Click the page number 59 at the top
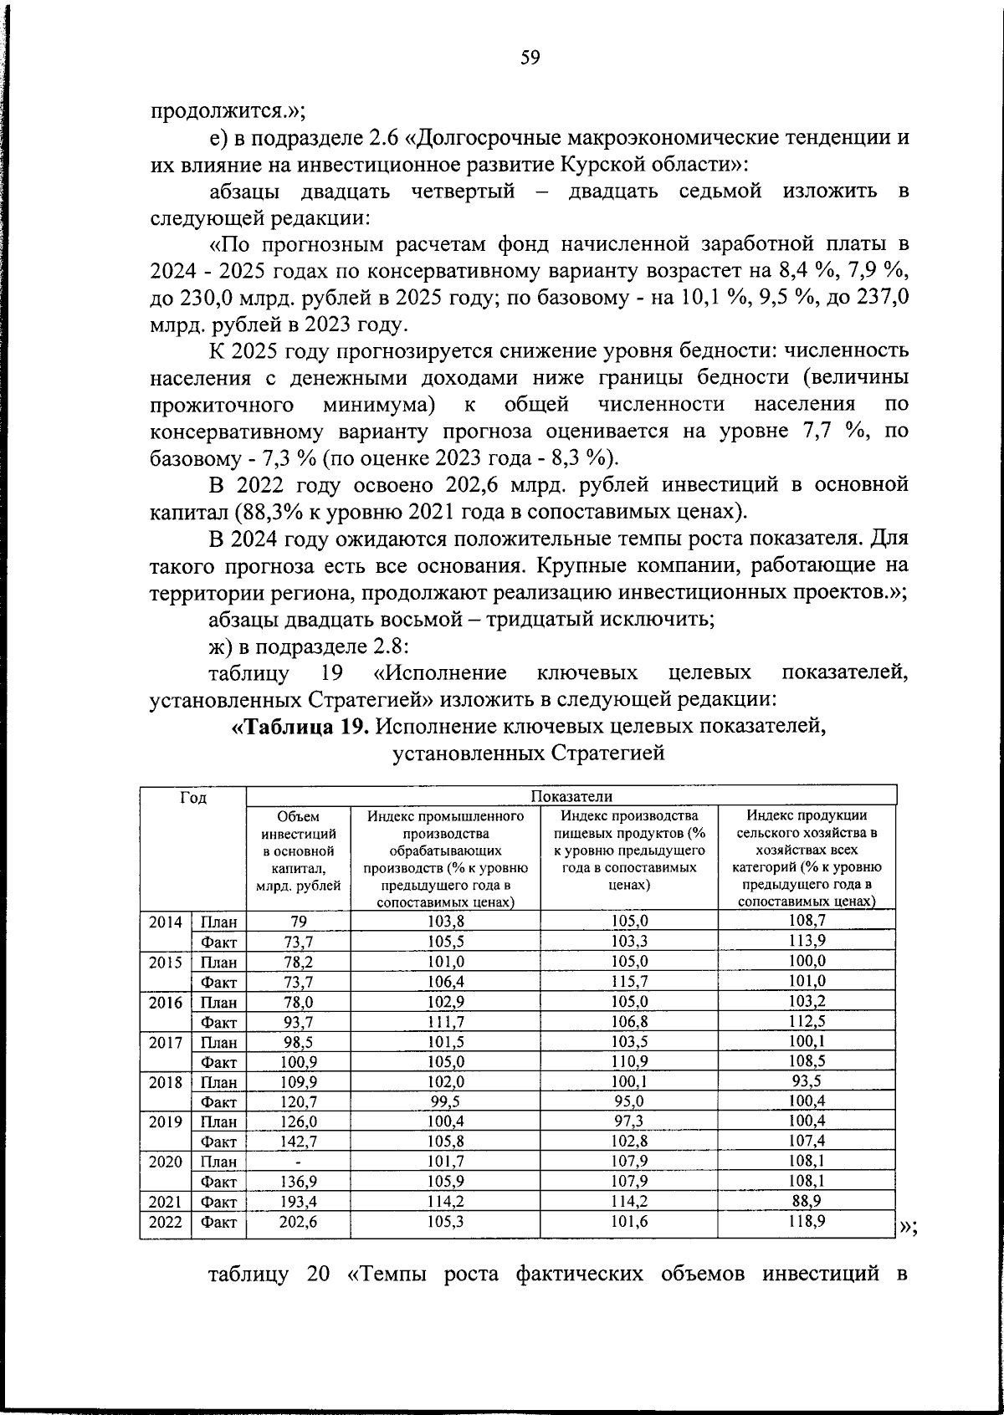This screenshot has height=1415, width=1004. tap(530, 58)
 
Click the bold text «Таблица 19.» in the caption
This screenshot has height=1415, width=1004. tap(300, 726)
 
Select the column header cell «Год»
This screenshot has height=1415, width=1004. tap(193, 798)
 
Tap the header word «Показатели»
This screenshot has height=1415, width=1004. tap(571, 795)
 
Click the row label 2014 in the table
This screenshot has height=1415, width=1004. tap(166, 922)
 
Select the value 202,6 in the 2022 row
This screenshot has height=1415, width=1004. tap(299, 1221)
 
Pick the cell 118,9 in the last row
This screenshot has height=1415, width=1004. tap(807, 1221)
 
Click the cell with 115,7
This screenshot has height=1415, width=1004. tap(628, 981)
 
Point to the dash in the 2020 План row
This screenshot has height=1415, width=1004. tap(299, 1162)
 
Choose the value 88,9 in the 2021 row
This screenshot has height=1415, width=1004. tap(807, 1202)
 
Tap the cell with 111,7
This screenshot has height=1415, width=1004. tap(445, 1021)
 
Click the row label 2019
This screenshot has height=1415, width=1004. tap(166, 1121)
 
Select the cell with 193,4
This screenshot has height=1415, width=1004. tap(299, 1202)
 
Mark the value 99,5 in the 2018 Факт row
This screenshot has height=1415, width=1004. tap(445, 1101)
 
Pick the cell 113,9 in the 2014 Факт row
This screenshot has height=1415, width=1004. tap(807, 942)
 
